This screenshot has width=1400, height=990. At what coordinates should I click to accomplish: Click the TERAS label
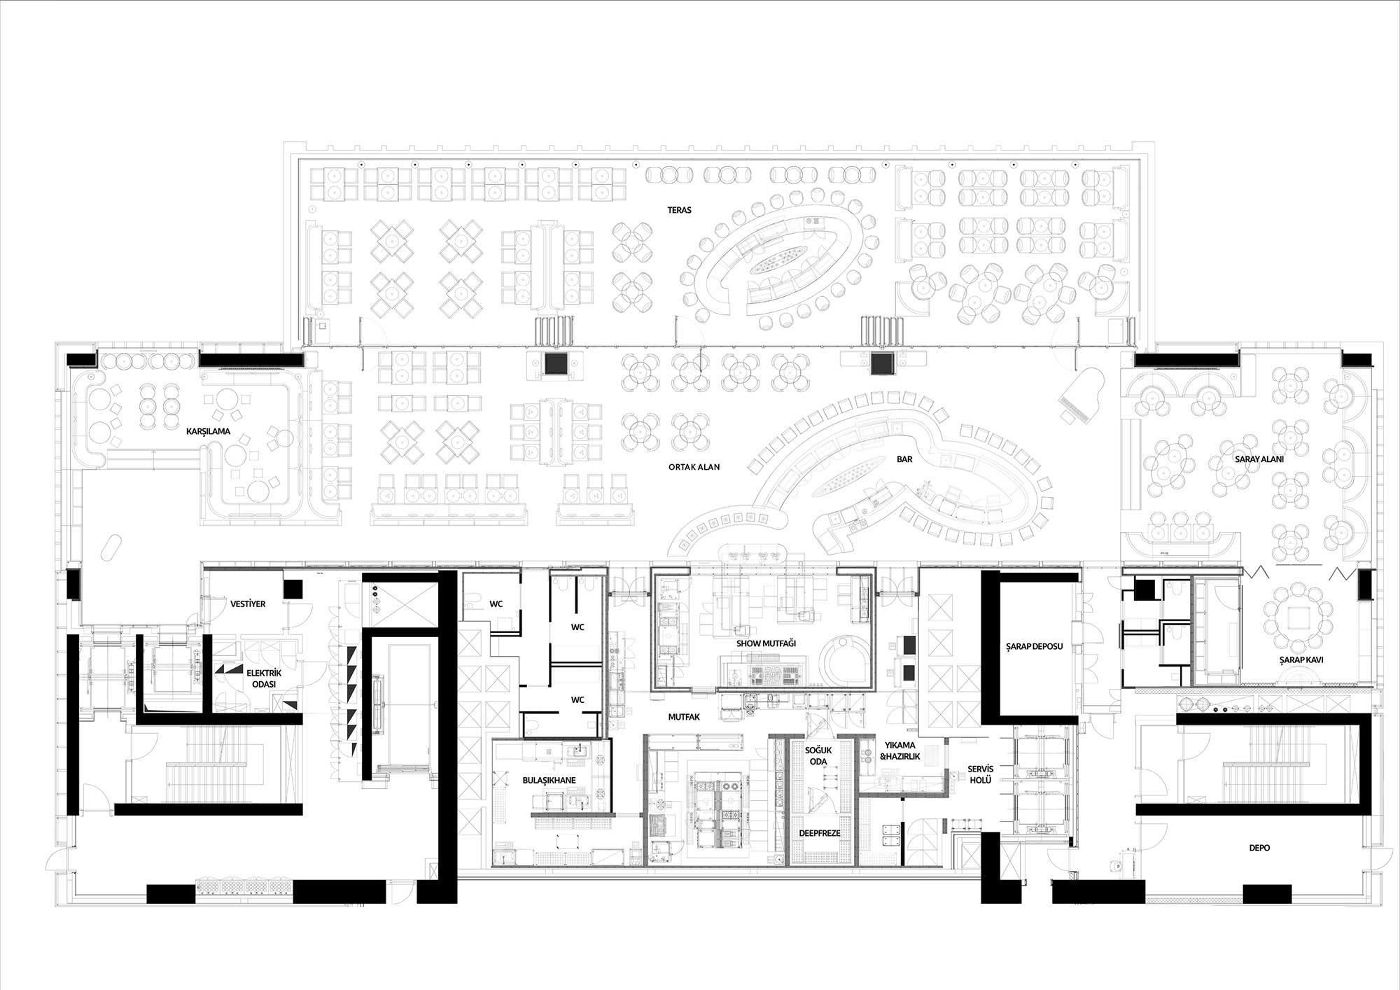679,210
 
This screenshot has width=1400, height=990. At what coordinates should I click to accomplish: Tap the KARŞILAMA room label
208,431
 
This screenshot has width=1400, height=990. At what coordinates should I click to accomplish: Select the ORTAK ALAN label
694,467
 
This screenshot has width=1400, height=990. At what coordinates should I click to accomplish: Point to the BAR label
904,459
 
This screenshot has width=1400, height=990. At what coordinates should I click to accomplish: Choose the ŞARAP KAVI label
1301,660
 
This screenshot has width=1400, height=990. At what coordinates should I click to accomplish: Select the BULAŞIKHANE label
544,779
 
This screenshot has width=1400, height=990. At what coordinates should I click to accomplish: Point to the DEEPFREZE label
820,833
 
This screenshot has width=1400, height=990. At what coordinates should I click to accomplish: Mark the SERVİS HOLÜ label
980,775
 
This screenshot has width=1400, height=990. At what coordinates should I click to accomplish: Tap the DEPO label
1259,848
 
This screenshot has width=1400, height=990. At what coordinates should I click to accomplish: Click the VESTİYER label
248,604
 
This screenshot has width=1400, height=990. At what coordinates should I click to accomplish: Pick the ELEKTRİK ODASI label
260,677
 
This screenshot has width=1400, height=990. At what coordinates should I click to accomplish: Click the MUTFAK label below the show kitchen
684,717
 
